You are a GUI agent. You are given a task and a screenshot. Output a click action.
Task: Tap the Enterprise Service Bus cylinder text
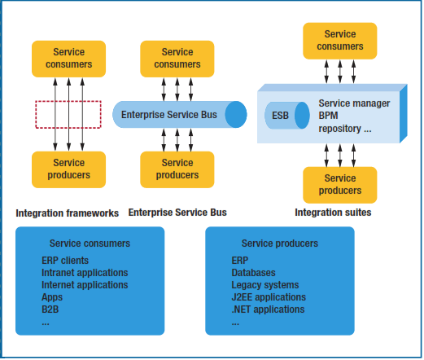169,115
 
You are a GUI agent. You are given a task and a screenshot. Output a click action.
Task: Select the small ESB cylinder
287,116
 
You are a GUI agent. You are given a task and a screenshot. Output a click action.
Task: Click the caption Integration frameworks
68,213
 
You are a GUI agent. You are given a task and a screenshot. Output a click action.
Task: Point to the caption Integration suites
333,213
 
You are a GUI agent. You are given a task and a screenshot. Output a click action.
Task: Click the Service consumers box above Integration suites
340,41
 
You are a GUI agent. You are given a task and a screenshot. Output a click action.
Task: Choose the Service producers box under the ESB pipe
177,169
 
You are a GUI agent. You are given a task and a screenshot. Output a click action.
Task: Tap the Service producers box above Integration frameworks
68,169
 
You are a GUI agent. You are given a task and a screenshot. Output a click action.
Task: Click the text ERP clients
65,261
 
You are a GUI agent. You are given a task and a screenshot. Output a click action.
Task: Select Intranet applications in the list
85,273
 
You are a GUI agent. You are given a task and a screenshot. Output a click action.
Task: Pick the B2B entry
50,310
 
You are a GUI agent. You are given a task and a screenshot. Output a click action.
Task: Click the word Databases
253,273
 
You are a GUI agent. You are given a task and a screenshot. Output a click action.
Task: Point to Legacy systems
265,285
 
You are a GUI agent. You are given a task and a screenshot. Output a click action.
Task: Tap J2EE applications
269,297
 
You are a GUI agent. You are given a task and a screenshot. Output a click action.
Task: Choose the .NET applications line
268,310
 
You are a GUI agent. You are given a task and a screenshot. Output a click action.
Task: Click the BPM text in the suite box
328,116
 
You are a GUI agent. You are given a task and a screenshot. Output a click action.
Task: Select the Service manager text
354,103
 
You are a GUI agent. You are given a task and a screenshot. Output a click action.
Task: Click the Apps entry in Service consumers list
52,297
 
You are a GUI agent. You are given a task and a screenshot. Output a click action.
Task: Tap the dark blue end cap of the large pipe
236,115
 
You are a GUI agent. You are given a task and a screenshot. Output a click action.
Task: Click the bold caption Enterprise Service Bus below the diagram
177,213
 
